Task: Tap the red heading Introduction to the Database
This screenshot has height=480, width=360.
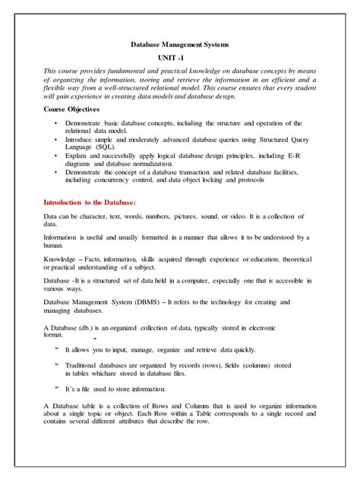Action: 90,203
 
